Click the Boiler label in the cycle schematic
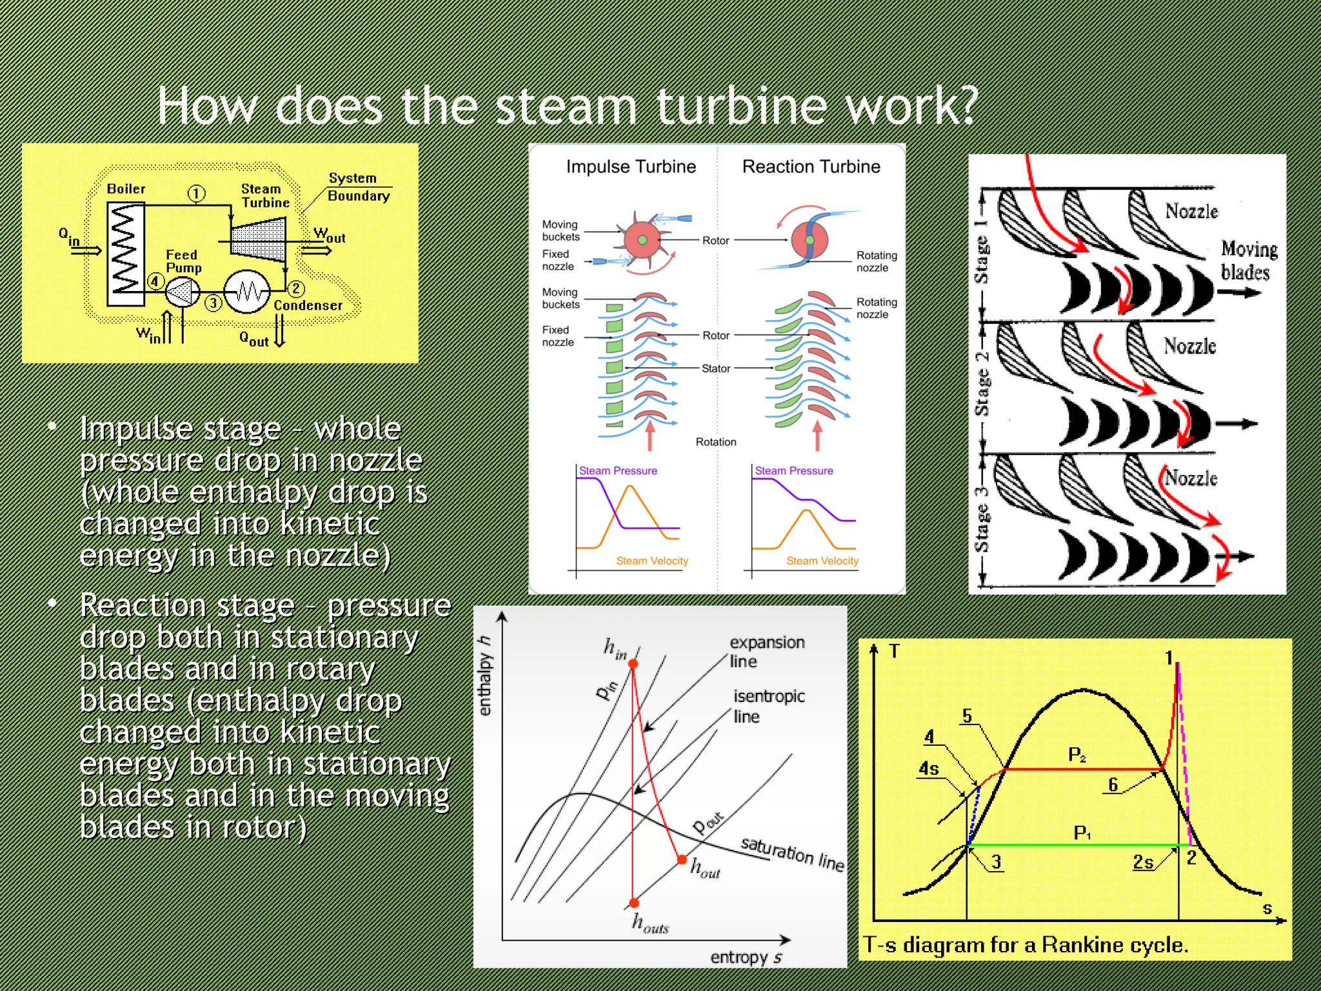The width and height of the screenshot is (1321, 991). point(126,189)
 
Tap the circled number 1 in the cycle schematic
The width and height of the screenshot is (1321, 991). point(196,194)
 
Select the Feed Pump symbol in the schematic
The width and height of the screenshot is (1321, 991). point(183,292)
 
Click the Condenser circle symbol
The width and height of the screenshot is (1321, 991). point(246,292)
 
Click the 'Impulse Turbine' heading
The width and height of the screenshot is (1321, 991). point(631,167)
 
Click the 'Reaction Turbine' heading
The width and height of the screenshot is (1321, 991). point(811,167)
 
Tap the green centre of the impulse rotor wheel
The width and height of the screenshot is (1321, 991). point(642,240)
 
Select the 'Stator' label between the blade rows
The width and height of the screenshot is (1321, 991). point(715,368)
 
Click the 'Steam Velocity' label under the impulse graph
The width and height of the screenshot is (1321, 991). point(651,561)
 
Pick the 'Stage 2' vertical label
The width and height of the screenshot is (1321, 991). point(981,383)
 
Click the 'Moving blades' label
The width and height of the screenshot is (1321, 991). point(1248,260)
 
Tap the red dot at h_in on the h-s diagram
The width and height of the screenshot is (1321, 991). point(633,664)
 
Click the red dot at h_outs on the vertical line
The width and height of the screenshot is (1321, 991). point(634,903)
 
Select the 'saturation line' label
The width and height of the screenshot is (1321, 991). point(792,853)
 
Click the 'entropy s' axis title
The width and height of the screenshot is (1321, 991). point(746,957)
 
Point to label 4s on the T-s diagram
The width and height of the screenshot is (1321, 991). point(929,768)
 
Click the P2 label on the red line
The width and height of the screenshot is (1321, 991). point(1077,754)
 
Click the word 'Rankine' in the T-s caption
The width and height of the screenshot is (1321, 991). point(1080,945)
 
